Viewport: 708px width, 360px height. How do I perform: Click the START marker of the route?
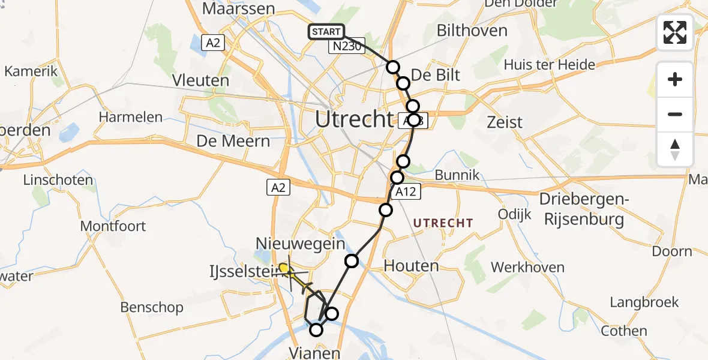coord(326,32)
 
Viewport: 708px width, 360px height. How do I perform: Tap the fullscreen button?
coord(675,32)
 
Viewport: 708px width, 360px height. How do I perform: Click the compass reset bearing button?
coord(675,149)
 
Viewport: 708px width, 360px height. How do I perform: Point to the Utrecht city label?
coord(353,119)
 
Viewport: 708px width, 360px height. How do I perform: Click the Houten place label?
coord(411,265)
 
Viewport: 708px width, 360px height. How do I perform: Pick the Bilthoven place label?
coord(472,30)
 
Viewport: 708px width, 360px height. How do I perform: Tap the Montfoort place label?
coord(113,226)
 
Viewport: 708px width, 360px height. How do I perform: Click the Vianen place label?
coord(314,352)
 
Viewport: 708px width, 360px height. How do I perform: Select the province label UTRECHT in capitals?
coord(443,223)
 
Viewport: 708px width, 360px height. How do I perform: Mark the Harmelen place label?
coord(130,116)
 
